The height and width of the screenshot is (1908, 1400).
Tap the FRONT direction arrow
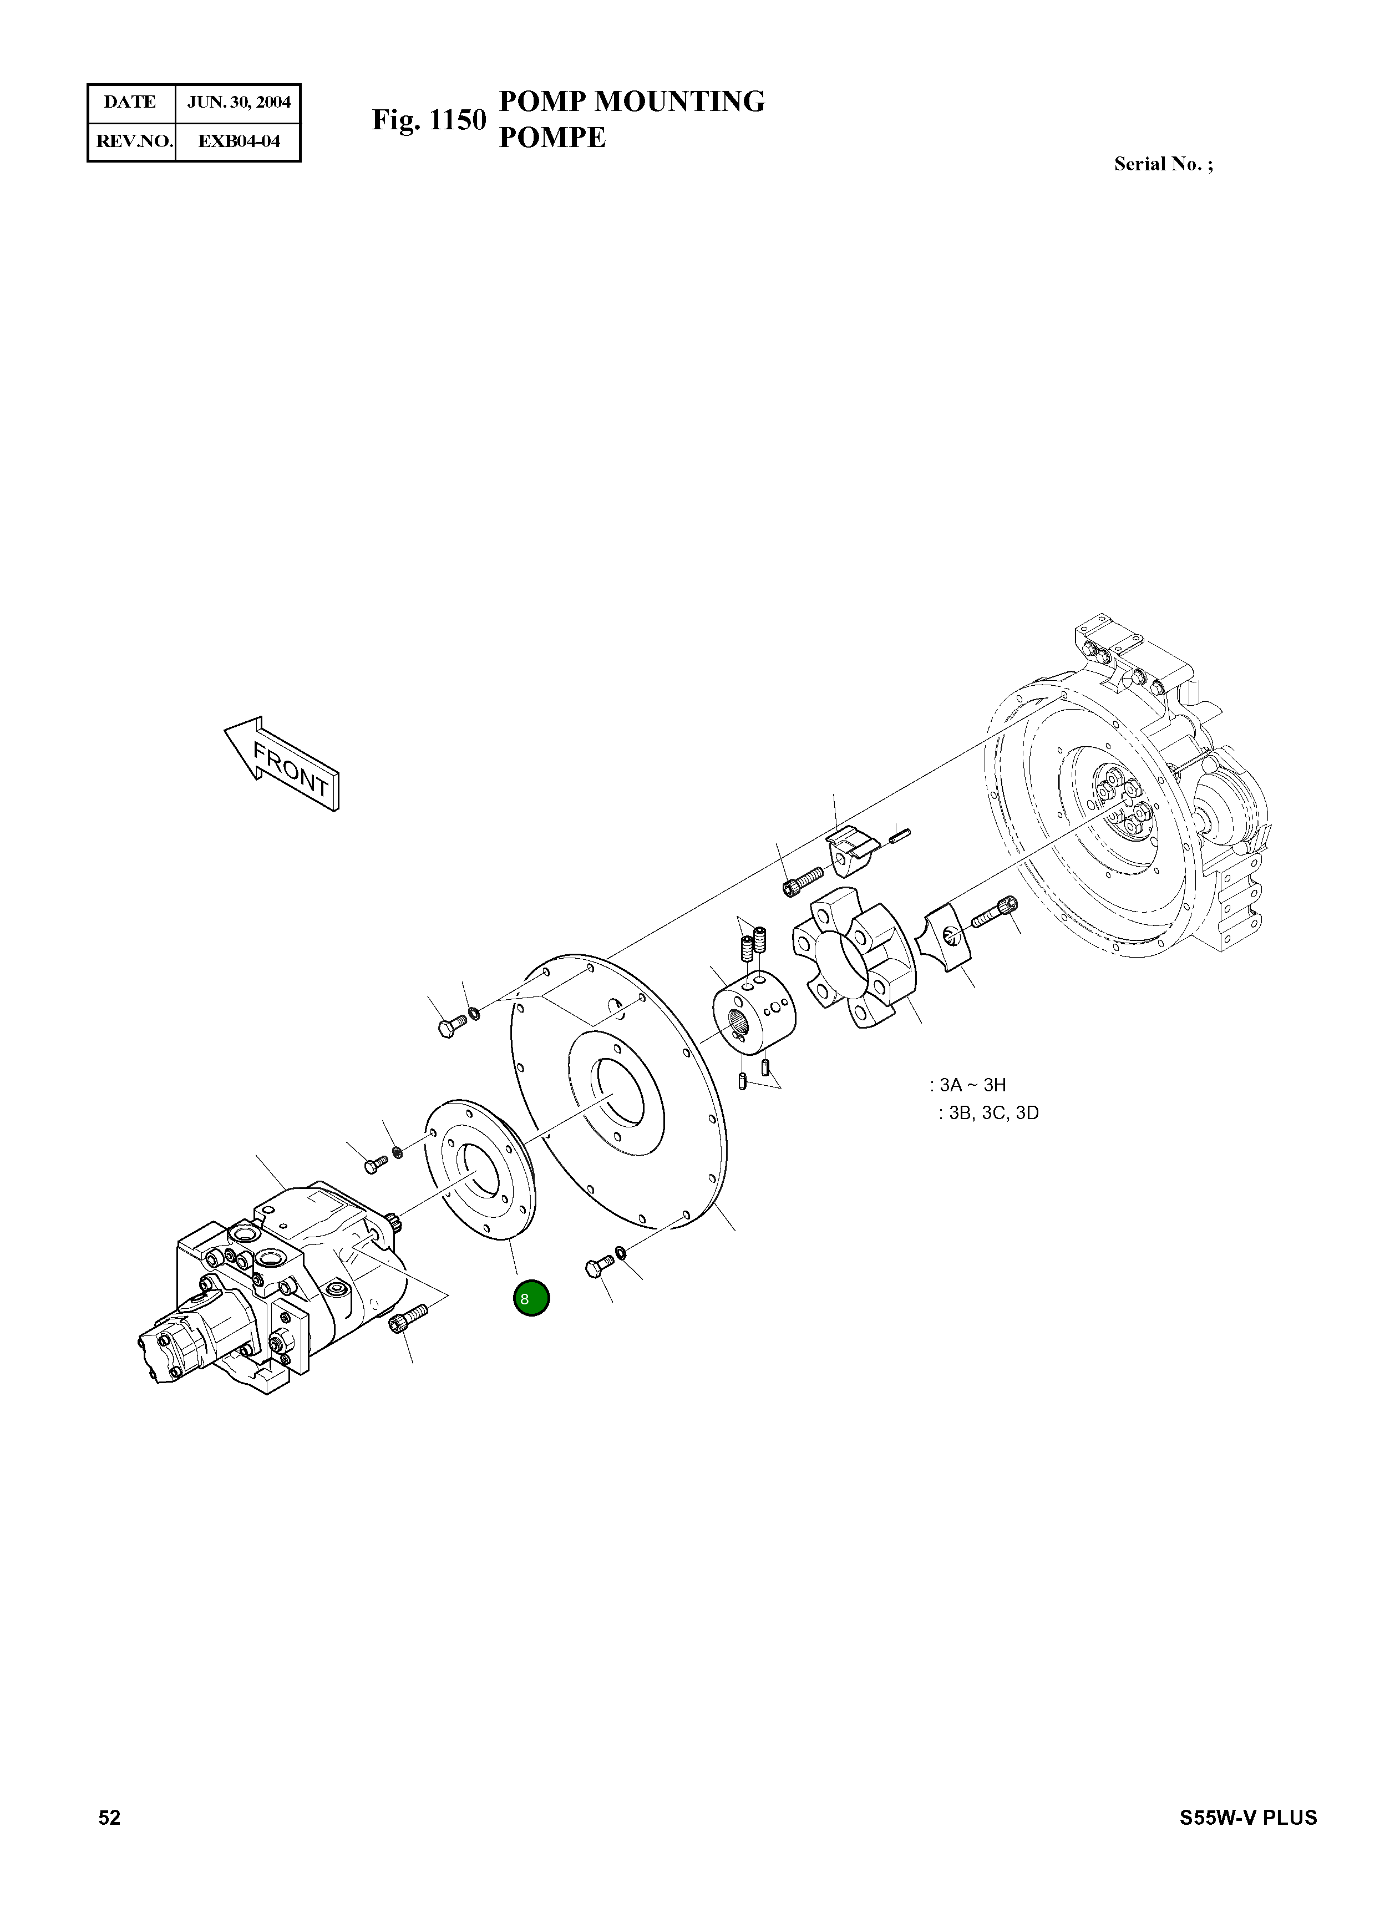283,763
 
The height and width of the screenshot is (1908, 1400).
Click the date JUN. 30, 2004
238,103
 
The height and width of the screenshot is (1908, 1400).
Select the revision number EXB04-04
238,141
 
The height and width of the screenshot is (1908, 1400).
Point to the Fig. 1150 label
429,120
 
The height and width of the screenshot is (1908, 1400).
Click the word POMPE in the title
552,137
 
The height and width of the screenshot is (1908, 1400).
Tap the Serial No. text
1162,164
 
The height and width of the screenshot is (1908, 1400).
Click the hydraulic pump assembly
271,1280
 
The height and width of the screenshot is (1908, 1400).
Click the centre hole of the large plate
618,1097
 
